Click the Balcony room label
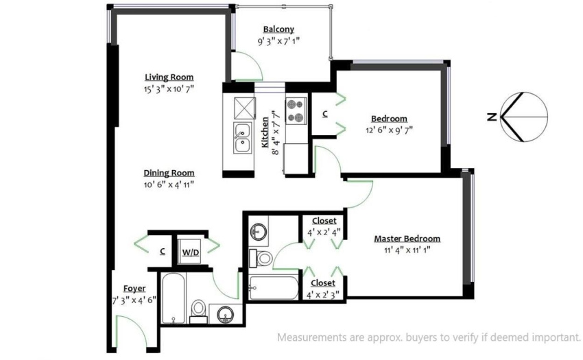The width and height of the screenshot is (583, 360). click(x=278, y=29)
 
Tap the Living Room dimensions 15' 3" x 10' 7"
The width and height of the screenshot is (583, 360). click(x=169, y=89)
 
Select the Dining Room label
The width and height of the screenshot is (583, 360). click(x=169, y=173)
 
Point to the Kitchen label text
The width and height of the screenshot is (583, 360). click(x=265, y=133)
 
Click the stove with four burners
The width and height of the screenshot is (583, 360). click(x=296, y=110)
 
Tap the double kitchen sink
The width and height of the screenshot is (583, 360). click(x=242, y=137)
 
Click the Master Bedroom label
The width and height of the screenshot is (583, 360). click(x=407, y=239)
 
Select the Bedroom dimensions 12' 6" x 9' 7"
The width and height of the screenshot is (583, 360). click(x=389, y=130)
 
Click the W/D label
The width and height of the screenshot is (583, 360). click(x=191, y=252)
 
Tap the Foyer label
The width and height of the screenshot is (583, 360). click(x=134, y=289)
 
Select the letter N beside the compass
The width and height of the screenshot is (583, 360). click(x=492, y=117)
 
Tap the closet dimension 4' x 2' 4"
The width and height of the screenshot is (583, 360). click(x=324, y=233)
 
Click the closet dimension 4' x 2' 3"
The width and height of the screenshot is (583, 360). click(x=323, y=295)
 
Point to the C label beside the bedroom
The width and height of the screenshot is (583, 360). click(x=325, y=115)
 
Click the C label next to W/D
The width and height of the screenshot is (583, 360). click(x=163, y=252)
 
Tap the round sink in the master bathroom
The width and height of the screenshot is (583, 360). click(x=258, y=232)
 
